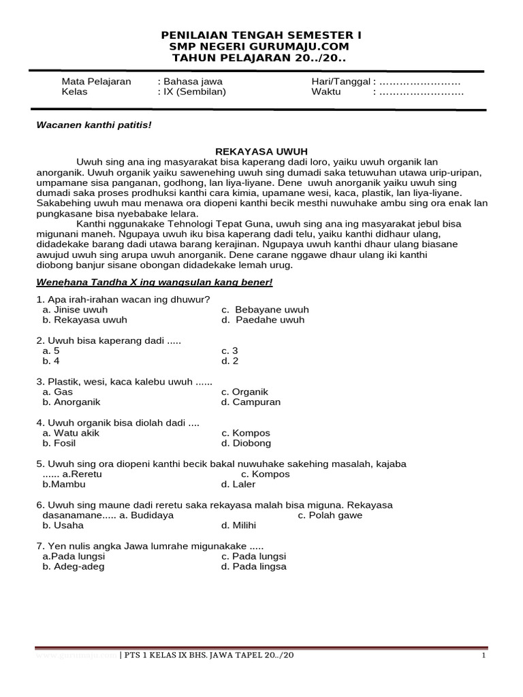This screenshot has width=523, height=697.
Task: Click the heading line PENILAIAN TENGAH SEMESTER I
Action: click(x=261, y=35)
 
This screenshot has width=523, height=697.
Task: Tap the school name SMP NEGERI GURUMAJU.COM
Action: click(x=261, y=46)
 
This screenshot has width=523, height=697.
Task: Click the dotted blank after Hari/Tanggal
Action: click(x=420, y=82)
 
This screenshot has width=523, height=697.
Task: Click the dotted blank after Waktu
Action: click(x=420, y=92)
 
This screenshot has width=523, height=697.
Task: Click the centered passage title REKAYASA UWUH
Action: click(x=261, y=152)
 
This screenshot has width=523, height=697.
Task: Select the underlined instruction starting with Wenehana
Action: click(x=154, y=282)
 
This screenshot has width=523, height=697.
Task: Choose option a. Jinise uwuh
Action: click(x=75, y=310)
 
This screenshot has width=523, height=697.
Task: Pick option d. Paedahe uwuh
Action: click(x=263, y=320)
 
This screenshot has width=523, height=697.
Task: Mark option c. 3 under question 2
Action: click(x=229, y=351)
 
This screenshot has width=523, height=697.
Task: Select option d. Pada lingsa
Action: click(x=253, y=566)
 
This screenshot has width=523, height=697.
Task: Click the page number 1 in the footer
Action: click(x=483, y=655)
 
